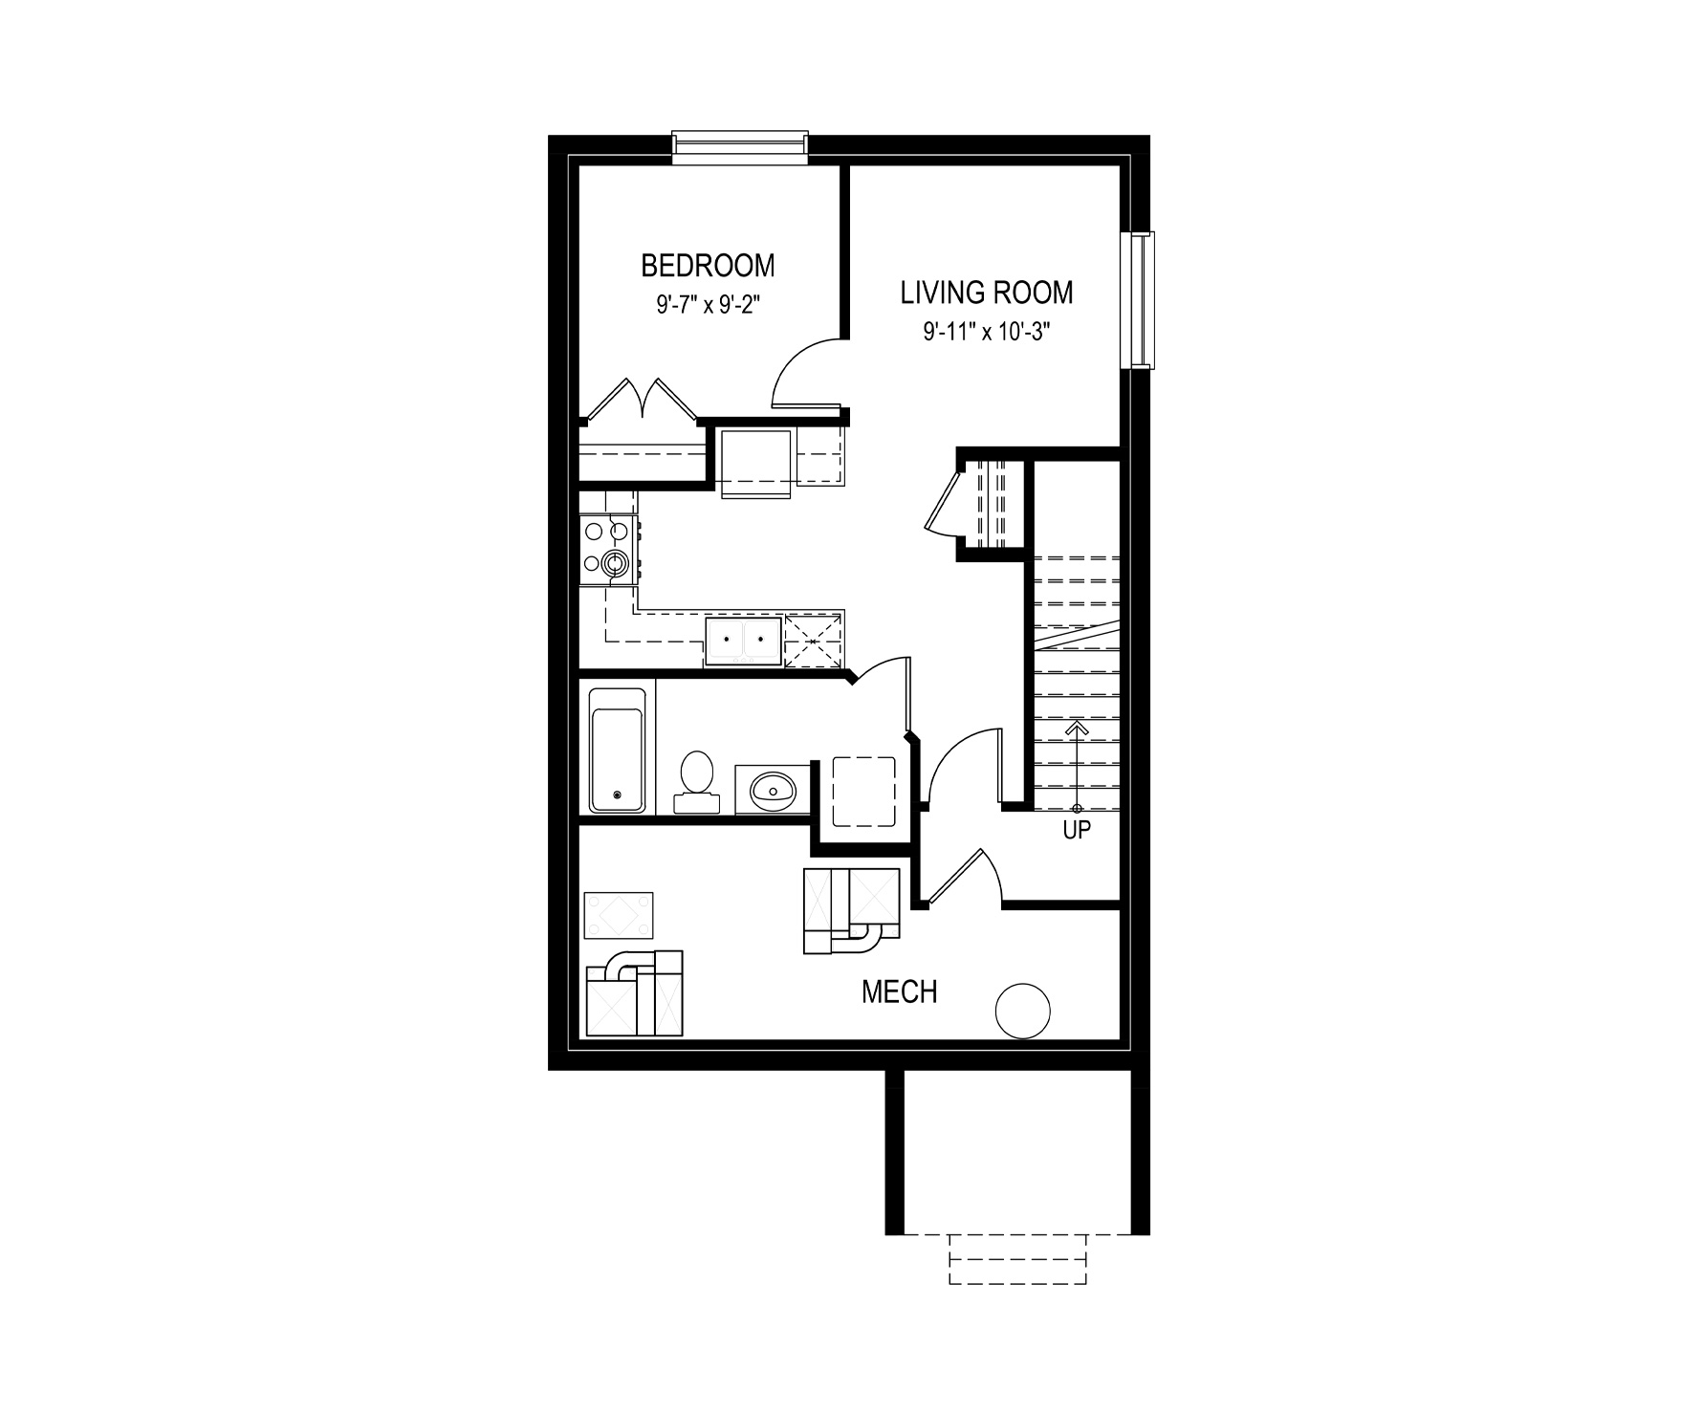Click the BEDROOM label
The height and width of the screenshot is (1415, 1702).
point(708,264)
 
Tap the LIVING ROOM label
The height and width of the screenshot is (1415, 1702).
point(987,292)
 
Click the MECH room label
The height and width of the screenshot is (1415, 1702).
point(899,992)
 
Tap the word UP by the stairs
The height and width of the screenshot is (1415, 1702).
point(1077,831)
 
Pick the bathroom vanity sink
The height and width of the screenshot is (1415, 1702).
point(773,790)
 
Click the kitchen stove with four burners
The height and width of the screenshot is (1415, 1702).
point(609,550)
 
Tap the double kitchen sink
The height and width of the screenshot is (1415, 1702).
point(742,640)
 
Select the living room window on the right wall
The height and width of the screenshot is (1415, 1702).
point(1139,299)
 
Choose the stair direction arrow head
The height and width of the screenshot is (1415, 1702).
point(1077,728)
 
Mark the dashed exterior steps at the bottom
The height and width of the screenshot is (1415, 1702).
point(1017,1260)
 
